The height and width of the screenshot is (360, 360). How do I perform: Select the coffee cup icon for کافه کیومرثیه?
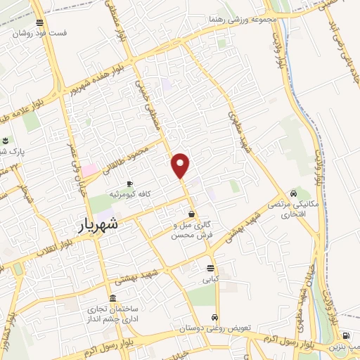pyautogui.click(x=129, y=184)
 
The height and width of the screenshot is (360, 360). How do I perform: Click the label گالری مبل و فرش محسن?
pyautogui.click(x=192, y=230)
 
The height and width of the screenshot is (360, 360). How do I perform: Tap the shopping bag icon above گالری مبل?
pyautogui.click(x=191, y=214)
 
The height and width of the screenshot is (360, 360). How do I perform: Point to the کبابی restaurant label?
pyautogui.click(x=210, y=279)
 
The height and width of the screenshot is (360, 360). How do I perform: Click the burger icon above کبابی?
pyautogui.click(x=210, y=268)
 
